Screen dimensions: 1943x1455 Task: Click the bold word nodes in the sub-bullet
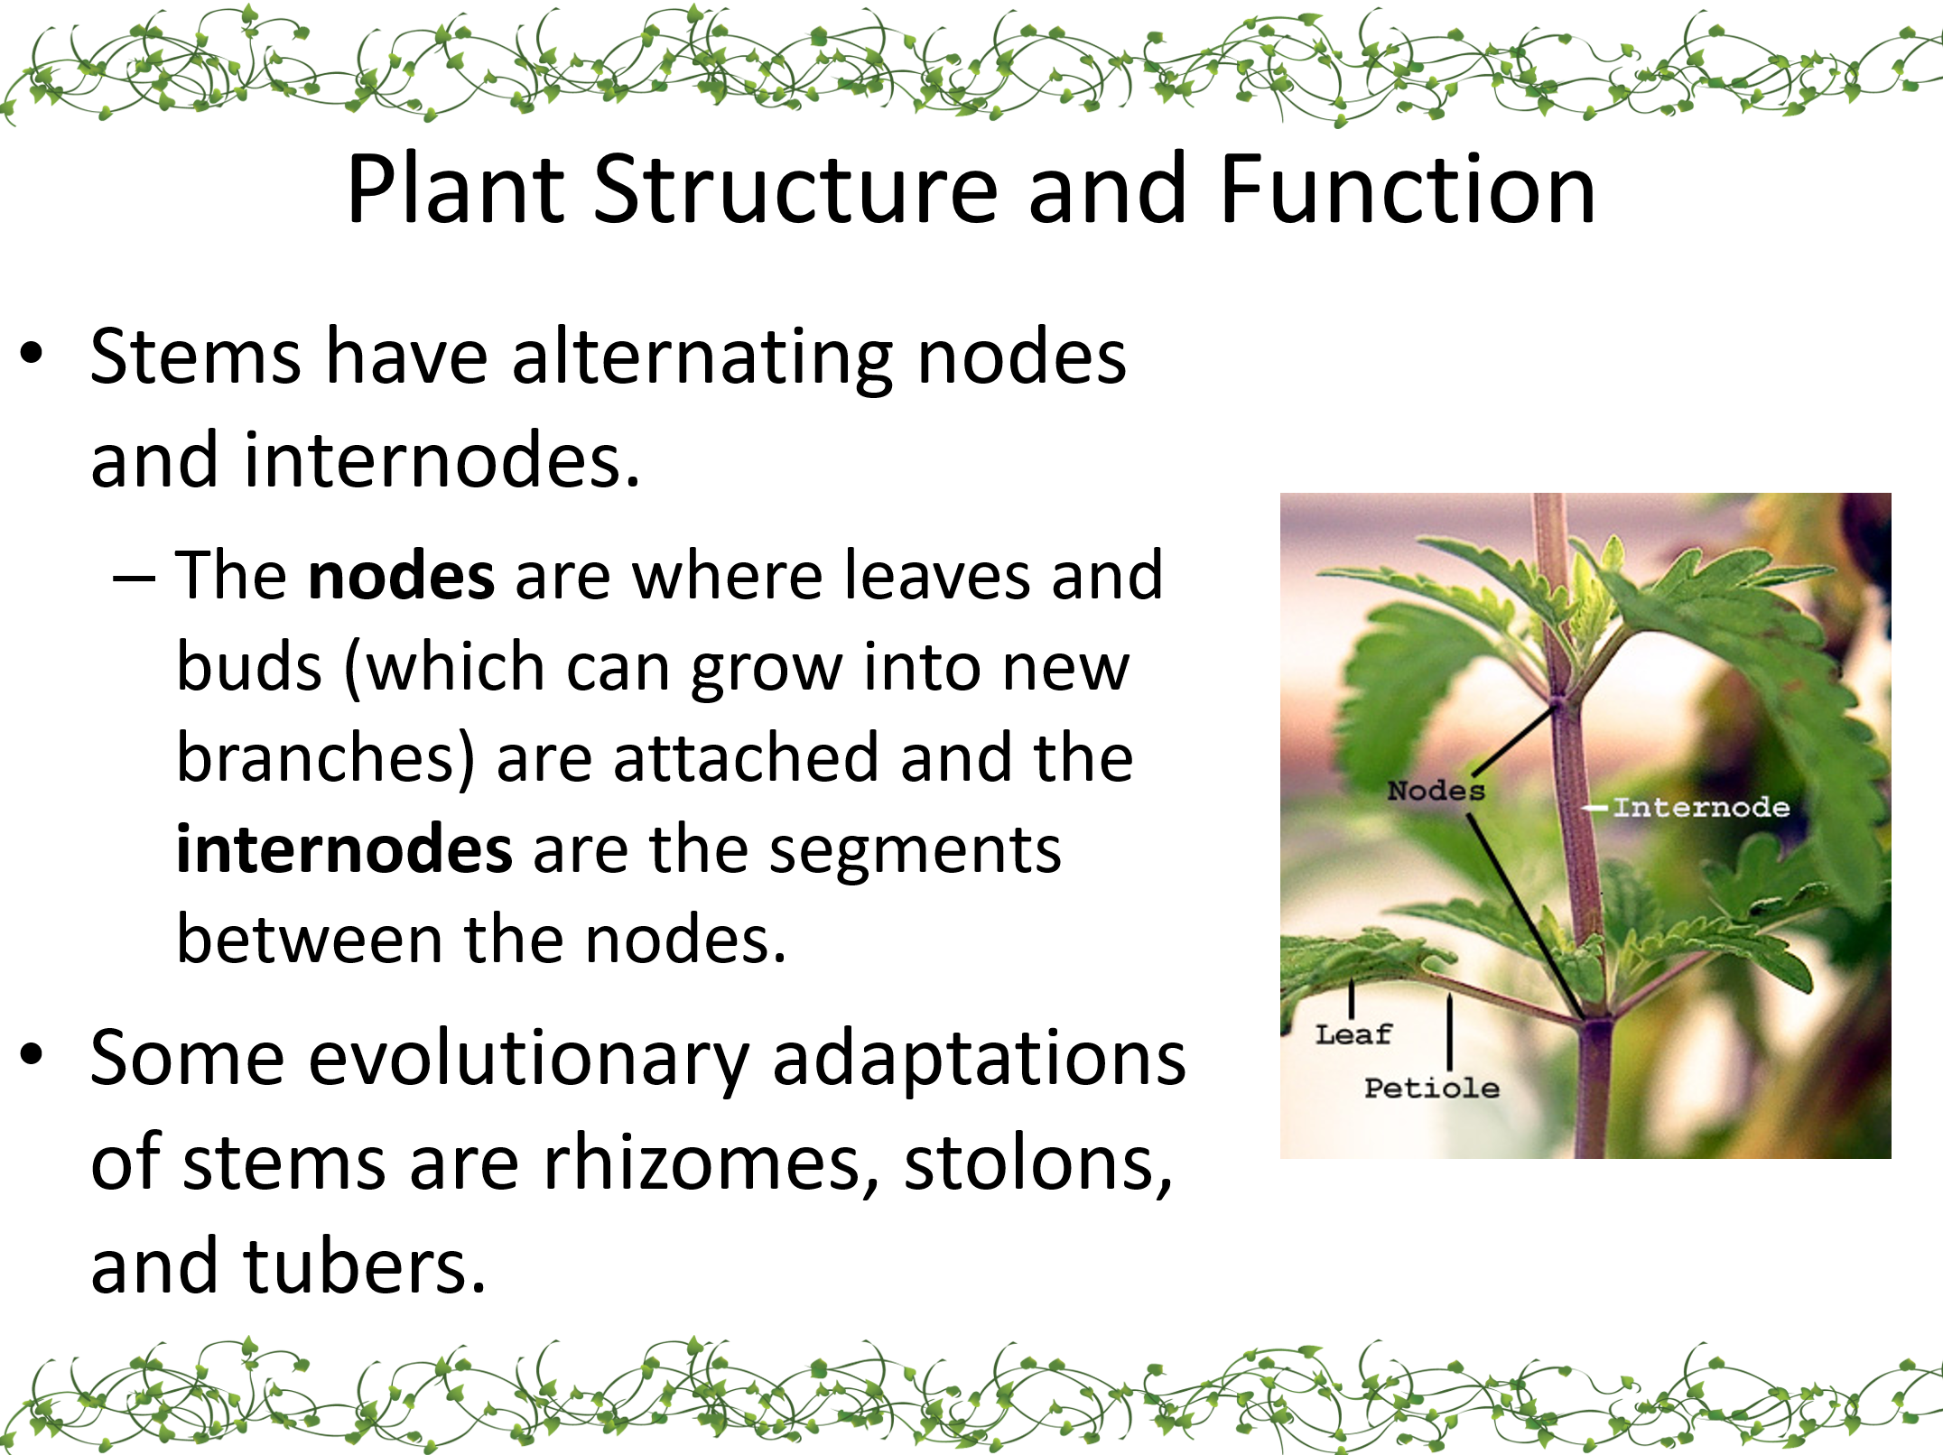401,576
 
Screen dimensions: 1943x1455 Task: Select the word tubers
365,1265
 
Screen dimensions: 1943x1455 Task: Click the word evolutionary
529,1061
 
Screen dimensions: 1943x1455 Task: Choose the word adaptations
980,1061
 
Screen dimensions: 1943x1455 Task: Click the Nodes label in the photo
1436,791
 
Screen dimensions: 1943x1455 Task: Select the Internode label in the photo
1701,807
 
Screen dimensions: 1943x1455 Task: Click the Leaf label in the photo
1353,1034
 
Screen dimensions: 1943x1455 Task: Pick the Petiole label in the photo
1431,1088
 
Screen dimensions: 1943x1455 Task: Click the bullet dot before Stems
32,353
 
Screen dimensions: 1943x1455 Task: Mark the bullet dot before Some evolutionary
32,1053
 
